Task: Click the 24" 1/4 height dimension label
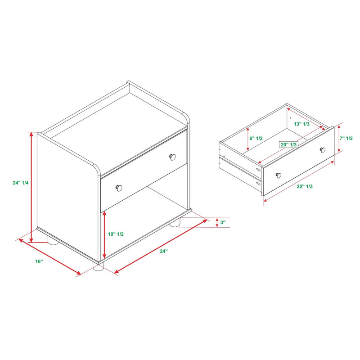pos(21,183)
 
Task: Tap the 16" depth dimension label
pos(39,261)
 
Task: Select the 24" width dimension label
pos(164,251)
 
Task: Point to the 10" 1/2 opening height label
pos(116,234)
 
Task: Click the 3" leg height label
pos(223,222)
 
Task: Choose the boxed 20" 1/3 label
pos(288,144)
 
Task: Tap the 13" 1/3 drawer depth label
pos(301,124)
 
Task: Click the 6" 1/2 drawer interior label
pos(256,138)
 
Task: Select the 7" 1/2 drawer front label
pos(346,138)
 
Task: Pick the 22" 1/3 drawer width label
pos(305,186)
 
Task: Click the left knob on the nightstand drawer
pos(119,188)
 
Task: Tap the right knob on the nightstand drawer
pos(172,157)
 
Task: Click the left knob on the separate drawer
pos(278,175)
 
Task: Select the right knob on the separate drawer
pos(323,150)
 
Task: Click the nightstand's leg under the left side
pos(53,240)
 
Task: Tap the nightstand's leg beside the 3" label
pos(175,222)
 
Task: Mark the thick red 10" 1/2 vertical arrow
pos(104,234)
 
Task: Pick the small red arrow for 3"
pos(217,222)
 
